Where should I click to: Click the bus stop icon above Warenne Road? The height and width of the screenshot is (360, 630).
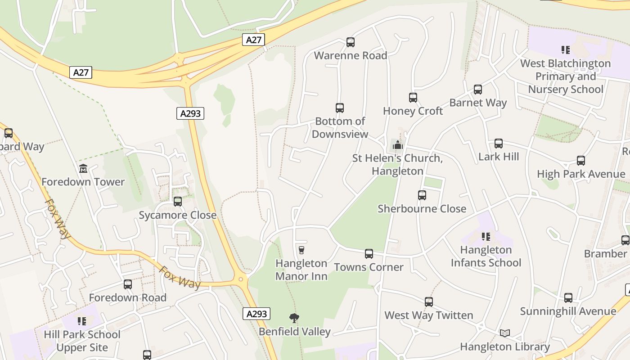click(351, 42)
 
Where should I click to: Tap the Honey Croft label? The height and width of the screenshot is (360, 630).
click(413, 111)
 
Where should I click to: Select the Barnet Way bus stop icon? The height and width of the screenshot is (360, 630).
click(478, 90)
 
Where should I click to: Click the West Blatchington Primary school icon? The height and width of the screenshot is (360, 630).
click(565, 49)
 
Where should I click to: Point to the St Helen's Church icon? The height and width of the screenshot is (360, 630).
click(398, 145)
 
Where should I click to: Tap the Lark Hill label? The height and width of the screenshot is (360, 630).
click(499, 157)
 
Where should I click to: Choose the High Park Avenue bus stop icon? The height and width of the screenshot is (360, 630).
click(581, 161)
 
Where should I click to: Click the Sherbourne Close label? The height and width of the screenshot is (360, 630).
click(422, 209)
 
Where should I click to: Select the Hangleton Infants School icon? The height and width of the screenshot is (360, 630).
click(486, 236)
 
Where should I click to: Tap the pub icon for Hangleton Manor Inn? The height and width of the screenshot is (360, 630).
click(301, 250)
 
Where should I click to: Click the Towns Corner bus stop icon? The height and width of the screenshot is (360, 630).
click(369, 254)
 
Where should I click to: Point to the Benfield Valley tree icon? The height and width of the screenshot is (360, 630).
click(294, 318)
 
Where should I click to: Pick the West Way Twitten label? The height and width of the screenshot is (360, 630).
click(428, 315)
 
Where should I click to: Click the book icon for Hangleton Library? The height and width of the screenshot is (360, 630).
click(505, 333)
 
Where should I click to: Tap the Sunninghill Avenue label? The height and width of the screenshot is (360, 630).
click(568, 311)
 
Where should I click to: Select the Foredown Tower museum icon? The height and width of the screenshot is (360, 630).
click(83, 169)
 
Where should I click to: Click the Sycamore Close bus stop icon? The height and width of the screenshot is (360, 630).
click(178, 202)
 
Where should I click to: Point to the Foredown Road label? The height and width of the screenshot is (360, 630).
click(128, 298)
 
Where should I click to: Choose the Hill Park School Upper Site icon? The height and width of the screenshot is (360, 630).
click(82, 321)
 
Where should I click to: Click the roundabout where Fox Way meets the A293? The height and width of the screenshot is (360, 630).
click(241, 279)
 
